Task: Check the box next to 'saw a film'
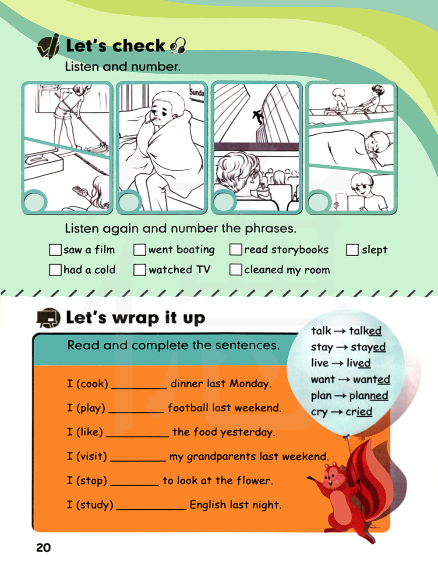click(56, 250)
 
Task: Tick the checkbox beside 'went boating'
click(140, 250)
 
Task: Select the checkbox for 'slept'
click(352, 250)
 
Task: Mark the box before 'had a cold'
click(56, 270)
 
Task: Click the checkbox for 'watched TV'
click(140, 270)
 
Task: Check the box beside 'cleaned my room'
click(236, 270)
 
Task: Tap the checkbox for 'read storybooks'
click(236, 250)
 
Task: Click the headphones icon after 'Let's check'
click(178, 46)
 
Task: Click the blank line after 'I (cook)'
click(139, 388)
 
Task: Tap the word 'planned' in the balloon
click(369, 396)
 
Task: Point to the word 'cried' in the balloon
click(359, 412)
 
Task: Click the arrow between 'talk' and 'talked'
click(340, 331)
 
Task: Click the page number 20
click(43, 547)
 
